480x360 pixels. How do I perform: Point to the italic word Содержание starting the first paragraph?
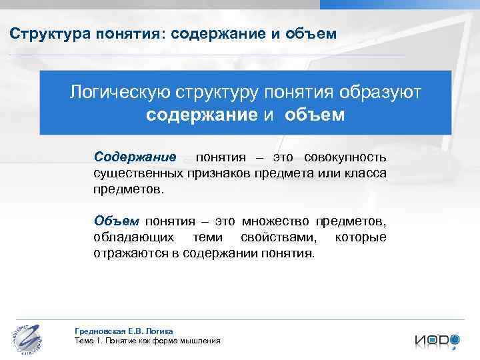(x=135, y=158)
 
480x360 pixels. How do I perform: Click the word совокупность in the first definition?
(x=345, y=158)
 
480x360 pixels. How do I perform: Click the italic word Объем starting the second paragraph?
(x=116, y=221)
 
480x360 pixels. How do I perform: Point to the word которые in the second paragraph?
(x=360, y=237)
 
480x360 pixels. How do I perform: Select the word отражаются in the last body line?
(x=130, y=253)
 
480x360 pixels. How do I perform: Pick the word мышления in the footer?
(x=198, y=341)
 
